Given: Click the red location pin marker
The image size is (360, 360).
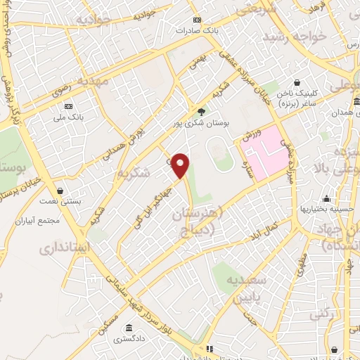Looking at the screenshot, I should point(181,165).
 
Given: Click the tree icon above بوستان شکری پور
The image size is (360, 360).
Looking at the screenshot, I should point(202,111).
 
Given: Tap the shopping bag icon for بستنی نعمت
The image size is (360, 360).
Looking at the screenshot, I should point(60,190).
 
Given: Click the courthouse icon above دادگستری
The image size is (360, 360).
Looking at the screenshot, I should point(129,328).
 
